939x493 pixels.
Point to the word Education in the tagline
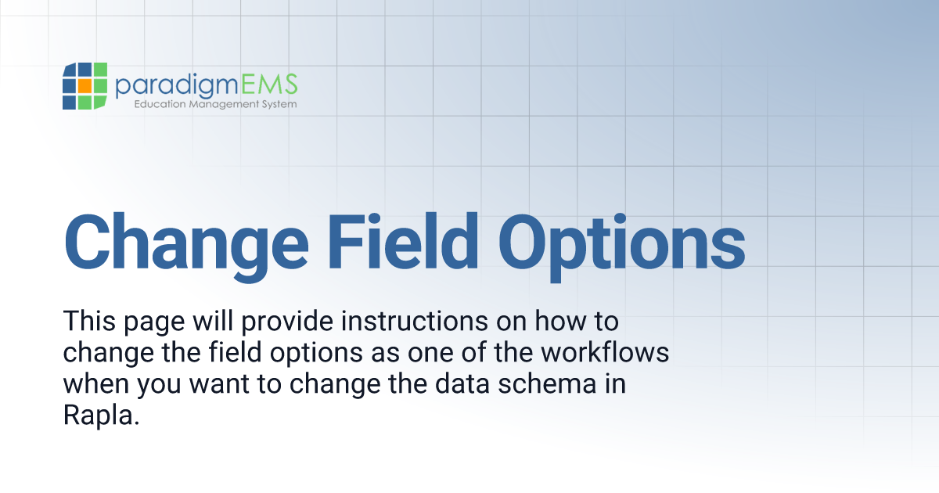pyautogui.click(x=160, y=103)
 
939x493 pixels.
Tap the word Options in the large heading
pyautogui.click(x=621, y=238)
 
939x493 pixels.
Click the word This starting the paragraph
pyautogui.click(x=88, y=321)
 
